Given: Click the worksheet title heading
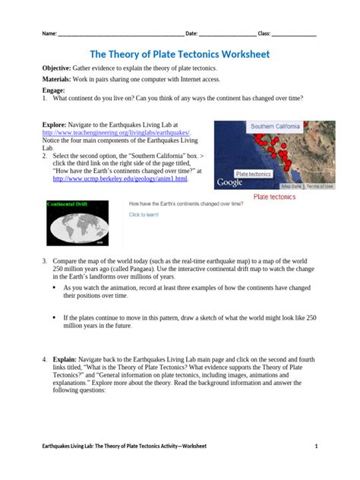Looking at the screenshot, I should pos(179,55).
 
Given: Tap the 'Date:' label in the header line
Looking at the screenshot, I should pos(191,34).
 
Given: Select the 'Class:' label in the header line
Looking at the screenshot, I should pos(264,34).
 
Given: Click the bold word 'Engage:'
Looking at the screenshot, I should pos(54,90).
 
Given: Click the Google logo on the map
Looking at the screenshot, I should pos(230,183).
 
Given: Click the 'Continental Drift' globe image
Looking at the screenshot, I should pos(80,223).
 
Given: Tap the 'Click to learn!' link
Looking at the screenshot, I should pos(144,215).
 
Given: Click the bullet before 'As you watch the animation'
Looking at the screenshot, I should pos(54,289).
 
